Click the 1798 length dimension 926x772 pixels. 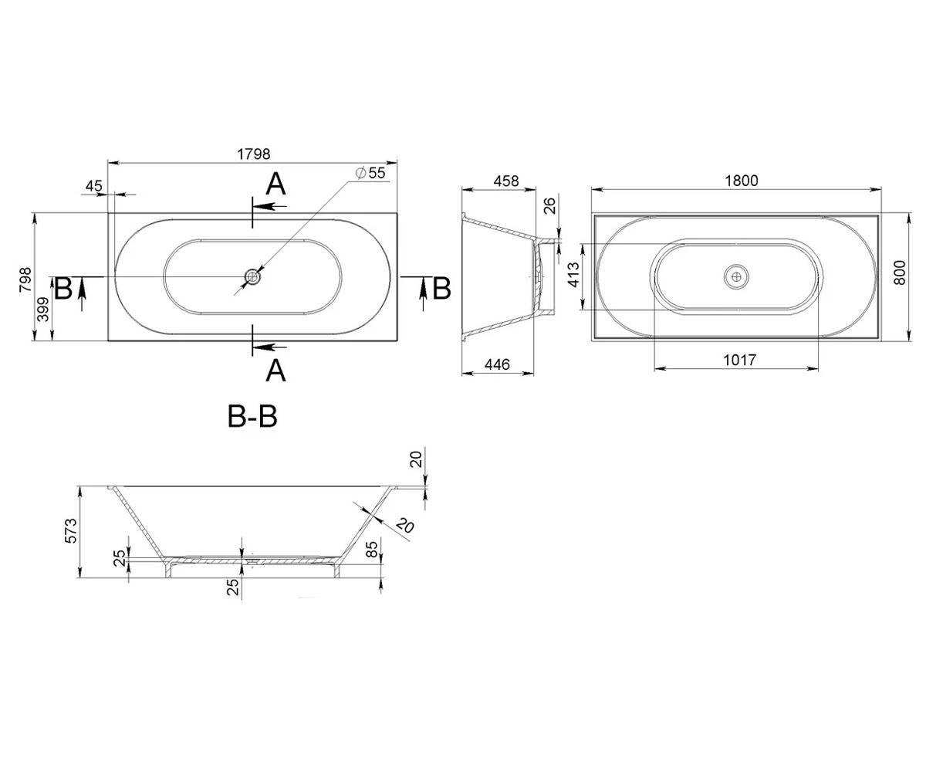[253, 154]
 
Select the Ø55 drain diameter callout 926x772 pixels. [370, 173]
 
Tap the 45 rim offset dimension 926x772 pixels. [94, 186]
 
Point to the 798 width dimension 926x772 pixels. [25, 279]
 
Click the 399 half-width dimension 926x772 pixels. [45, 310]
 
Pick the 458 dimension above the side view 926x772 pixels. [506, 181]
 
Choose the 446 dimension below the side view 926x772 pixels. [497, 364]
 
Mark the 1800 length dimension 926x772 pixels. [741, 181]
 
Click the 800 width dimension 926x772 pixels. [899, 273]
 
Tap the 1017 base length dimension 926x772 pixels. [739, 360]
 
